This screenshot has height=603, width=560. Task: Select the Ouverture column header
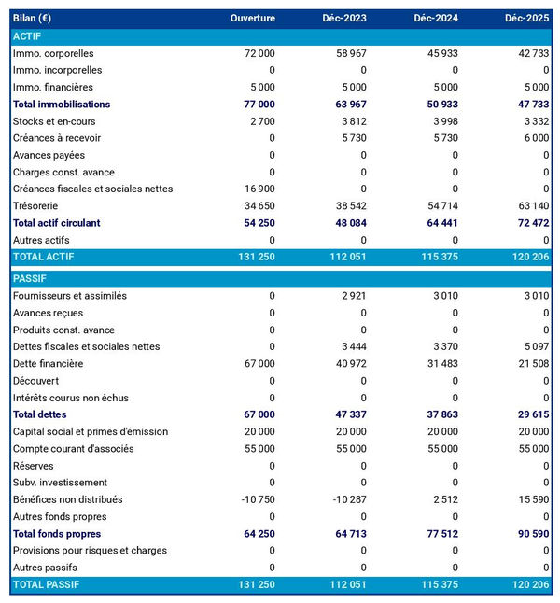(252, 19)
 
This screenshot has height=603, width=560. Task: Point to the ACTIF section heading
(28, 35)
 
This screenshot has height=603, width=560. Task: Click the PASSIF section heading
(30, 278)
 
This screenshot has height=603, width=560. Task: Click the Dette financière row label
(48, 363)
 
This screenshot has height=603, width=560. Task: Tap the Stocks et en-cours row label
(54, 121)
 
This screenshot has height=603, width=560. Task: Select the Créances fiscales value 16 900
(258, 189)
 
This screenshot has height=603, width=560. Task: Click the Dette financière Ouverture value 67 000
(258, 363)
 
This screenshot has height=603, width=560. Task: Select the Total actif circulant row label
(56, 223)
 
